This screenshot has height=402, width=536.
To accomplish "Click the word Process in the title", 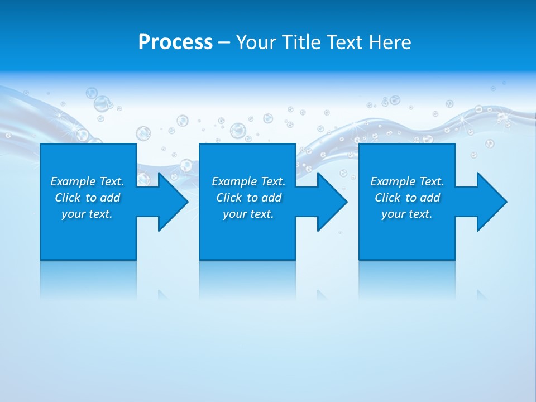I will click(175, 42).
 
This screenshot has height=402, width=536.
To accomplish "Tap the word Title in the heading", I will click(299, 42).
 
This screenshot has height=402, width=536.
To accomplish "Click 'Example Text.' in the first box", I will click(87, 181).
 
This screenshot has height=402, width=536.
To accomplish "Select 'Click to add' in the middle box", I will click(248, 198).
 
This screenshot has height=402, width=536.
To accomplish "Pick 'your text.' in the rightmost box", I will click(407, 214).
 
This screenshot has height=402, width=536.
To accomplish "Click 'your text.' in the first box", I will click(87, 214).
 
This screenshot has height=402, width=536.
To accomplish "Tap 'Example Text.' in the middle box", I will click(248, 181).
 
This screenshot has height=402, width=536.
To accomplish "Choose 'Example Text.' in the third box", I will click(407, 181).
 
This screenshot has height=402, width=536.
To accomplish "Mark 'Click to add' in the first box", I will click(87, 198).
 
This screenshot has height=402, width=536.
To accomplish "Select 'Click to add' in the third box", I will click(407, 198).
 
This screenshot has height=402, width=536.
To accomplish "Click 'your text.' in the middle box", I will click(248, 214).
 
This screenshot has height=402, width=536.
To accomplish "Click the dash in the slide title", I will click(224, 42).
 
